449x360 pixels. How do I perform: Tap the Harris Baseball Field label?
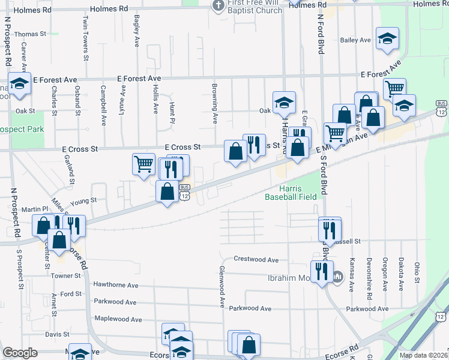tap(292, 192)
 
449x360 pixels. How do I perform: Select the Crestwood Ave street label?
tap(256, 260)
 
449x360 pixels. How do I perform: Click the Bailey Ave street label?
tap(355, 40)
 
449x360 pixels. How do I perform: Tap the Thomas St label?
tap(30, 34)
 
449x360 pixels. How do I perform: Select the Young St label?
tap(83, 202)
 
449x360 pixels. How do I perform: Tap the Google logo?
tap(20, 353)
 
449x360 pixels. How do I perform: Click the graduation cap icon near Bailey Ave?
tap(388, 38)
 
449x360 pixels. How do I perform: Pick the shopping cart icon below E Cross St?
tap(143, 164)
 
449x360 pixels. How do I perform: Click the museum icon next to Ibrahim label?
tap(337, 276)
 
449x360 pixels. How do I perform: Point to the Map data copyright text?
tap(423, 355)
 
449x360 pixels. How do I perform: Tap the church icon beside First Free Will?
tap(218, 5)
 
